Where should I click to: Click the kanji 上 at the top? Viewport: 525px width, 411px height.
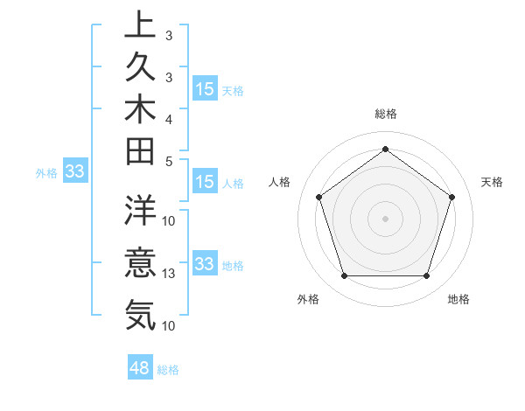pyautogui.click(x=140, y=25)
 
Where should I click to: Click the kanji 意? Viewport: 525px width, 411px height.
pyautogui.click(x=140, y=262)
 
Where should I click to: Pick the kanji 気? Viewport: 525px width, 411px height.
pyautogui.click(x=140, y=314)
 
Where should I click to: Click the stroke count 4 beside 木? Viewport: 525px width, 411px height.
pyautogui.click(x=170, y=119)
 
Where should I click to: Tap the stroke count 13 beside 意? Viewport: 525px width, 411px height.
pyautogui.click(x=170, y=274)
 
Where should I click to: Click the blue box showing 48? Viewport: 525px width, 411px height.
pyautogui.click(x=140, y=368)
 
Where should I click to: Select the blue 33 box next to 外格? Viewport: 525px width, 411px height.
pyautogui.click(x=74, y=171)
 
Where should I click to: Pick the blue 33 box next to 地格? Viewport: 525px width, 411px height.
pyautogui.click(x=205, y=263)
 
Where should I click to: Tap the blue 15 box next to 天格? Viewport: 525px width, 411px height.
pyautogui.click(x=205, y=88)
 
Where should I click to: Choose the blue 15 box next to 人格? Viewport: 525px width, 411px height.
pyautogui.click(x=205, y=182)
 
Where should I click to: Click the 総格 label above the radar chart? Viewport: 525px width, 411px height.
pyautogui.click(x=385, y=114)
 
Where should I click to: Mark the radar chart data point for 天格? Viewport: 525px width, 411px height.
pyautogui.click(x=451, y=197)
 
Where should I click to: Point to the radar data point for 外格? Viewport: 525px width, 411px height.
pyautogui.click(x=344, y=275)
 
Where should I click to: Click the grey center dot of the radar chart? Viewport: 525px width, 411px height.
pyautogui.click(x=385, y=218)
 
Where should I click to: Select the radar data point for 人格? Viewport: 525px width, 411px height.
pyautogui.click(x=319, y=197)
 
